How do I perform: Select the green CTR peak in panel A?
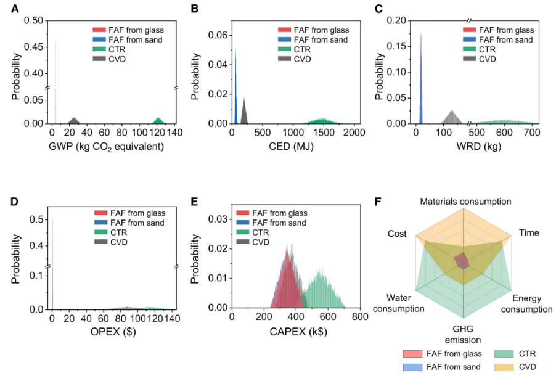[158, 120]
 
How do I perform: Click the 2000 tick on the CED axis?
[354, 133]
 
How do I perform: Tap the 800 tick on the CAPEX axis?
[360, 317]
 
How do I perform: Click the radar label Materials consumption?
[465, 202]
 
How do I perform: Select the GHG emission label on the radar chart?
[463, 334]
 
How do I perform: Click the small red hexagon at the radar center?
[462, 261]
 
